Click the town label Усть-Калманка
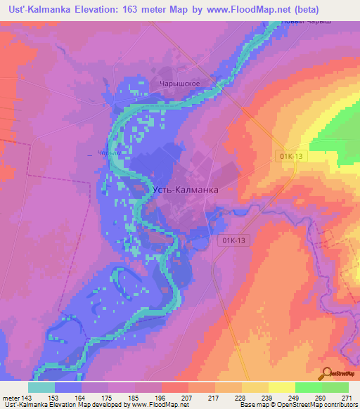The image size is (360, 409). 186,190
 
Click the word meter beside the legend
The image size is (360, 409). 10,397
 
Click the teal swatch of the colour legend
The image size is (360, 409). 41,387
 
